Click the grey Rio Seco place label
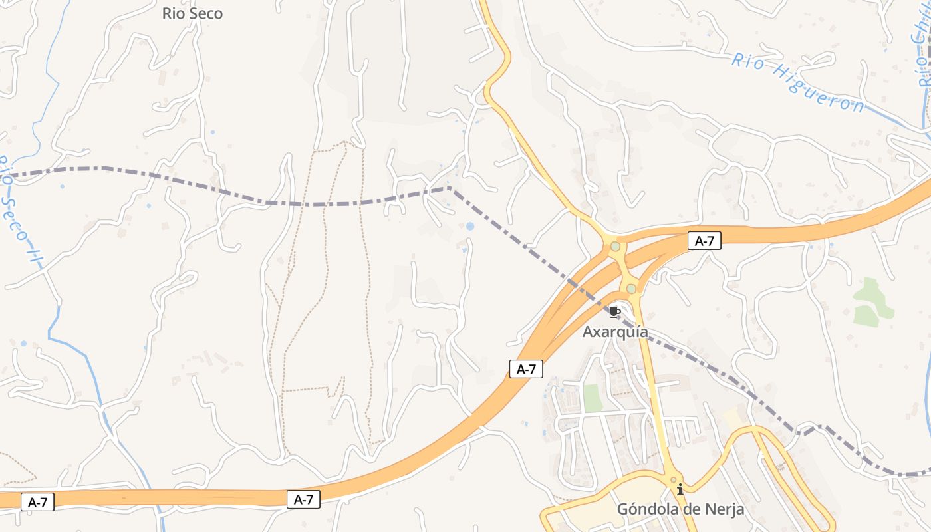tap(192, 13)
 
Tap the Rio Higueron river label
tap(798, 82)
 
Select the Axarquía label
tap(615, 332)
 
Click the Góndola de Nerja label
tap(680, 509)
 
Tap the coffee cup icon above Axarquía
tap(615, 311)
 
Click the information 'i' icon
tap(680, 490)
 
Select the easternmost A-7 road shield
tap(704, 241)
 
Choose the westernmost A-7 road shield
tap(38, 502)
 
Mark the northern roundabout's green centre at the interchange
tap(615, 247)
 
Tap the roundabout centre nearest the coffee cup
tap(631, 289)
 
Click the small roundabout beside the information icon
tap(673, 479)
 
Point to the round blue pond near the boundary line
tap(470, 227)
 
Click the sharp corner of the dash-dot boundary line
tap(450, 188)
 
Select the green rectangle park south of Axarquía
tap(593, 398)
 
